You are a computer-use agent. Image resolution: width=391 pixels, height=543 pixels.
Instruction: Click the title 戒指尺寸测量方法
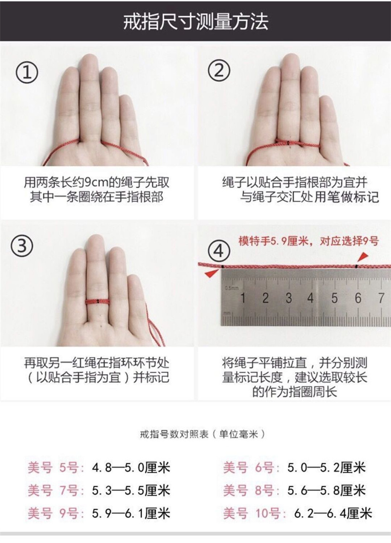pyautogui.click(x=195, y=22)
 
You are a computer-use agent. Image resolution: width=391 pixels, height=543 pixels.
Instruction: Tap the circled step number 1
pyautogui.click(x=27, y=72)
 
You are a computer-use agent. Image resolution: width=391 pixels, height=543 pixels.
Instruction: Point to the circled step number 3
pyautogui.click(x=22, y=246)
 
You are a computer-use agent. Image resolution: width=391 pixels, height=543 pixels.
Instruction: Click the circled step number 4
pyautogui.click(x=218, y=250)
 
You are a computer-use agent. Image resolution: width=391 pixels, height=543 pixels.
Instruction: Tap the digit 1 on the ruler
pyautogui.click(x=243, y=298)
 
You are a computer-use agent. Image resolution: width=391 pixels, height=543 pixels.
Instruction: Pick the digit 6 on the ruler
pyautogui.click(x=358, y=298)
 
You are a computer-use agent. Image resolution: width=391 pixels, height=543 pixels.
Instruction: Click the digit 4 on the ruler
pyautogui.click(x=311, y=298)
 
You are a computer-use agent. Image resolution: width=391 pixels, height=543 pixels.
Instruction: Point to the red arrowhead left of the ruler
pyautogui.click(x=211, y=274)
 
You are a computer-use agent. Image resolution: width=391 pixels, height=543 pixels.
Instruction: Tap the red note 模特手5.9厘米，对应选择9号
pyautogui.click(x=308, y=241)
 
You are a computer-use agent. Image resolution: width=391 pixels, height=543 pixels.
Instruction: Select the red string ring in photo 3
pyautogui.click(x=98, y=301)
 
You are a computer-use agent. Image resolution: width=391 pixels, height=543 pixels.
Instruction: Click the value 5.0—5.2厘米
pyautogui.click(x=326, y=468)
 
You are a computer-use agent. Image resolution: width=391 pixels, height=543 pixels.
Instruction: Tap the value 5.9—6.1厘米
pyautogui.click(x=131, y=513)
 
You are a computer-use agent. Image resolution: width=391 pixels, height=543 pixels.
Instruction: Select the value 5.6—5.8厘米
pyautogui.click(x=326, y=491)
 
